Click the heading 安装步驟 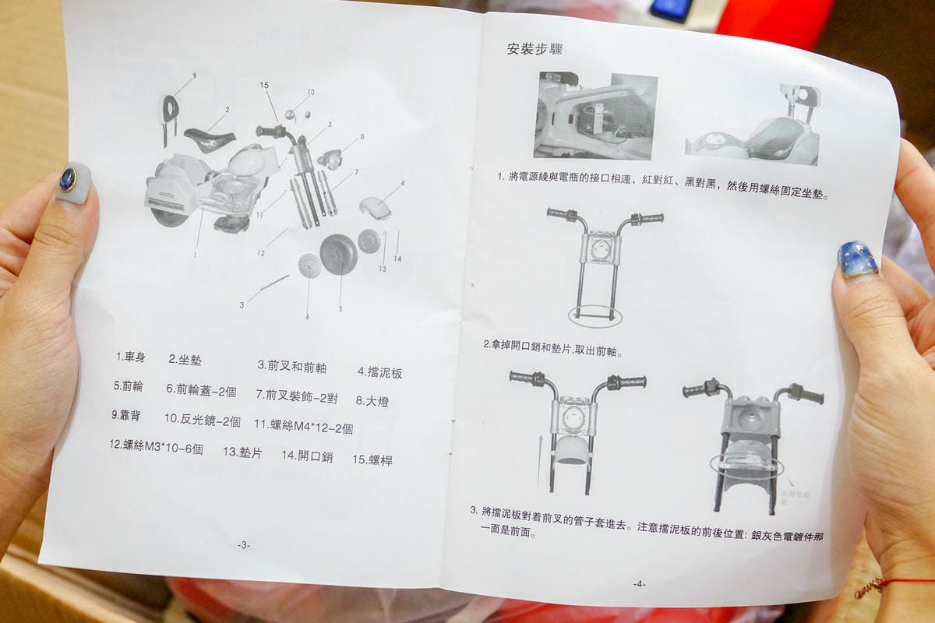535,49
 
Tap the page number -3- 244,545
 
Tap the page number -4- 639,583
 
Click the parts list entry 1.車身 131,357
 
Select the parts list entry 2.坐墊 185,359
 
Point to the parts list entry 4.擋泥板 380,372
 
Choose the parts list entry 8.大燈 372,401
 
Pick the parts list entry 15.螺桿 372,459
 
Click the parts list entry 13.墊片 242,452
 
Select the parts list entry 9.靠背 126,415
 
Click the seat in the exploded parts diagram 210,141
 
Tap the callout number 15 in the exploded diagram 264,85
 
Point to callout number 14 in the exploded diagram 397,258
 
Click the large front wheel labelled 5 338,254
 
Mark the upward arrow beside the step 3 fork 538,459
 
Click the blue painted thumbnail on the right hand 858,259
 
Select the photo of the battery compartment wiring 595,116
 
